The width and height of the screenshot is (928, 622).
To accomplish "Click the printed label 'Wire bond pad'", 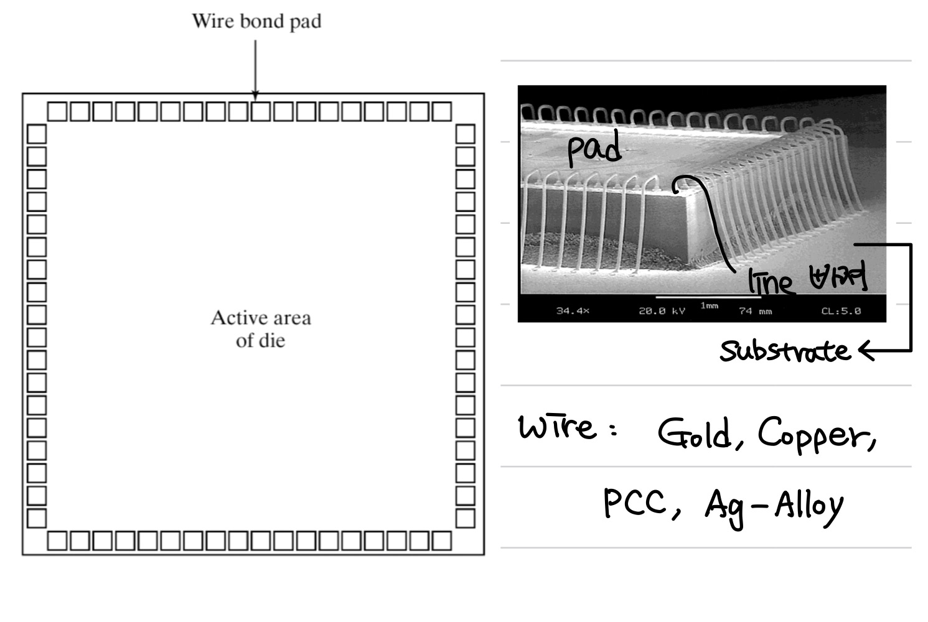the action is coord(256,22).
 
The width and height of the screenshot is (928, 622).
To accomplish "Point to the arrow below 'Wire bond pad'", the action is coord(255,68).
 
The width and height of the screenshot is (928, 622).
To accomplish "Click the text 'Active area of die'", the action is coord(260,329).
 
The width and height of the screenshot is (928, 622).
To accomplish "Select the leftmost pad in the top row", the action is coord(57,112).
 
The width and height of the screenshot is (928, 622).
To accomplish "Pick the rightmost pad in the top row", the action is coord(441,112).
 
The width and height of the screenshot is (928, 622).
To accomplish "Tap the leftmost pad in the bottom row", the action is coord(57,541).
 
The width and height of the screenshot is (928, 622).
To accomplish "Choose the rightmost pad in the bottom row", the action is coord(441,541).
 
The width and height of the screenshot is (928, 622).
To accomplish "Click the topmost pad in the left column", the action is coord(37,134).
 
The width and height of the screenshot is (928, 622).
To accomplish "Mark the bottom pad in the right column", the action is coord(465,518).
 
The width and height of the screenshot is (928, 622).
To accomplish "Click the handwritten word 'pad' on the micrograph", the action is coord(594,150).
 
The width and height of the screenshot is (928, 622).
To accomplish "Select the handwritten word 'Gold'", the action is coord(695,434).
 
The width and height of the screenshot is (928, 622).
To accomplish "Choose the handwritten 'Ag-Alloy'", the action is coord(774,507).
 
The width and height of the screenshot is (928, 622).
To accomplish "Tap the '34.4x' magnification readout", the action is coord(572,310).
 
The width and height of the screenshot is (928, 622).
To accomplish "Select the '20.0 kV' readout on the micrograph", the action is coord(662,310).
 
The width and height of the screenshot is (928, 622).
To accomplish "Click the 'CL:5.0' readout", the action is coord(841,310).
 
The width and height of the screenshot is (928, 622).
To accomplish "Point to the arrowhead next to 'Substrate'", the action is coord(865,351).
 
